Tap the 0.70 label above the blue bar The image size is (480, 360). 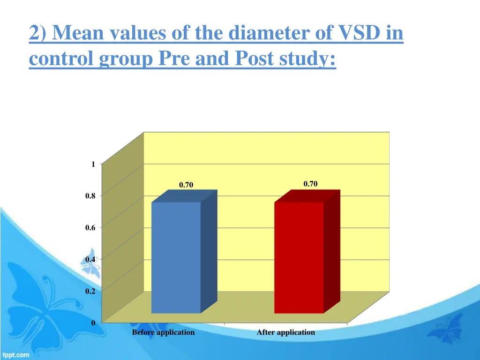coord(186,185)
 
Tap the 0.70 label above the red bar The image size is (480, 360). coord(310,184)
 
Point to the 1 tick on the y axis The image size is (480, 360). coord(93,164)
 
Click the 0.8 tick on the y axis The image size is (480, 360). coord(90,196)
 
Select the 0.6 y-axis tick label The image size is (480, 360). coord(90,228)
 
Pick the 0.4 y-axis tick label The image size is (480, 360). coord(90,259)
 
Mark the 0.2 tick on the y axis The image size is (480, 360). coord(90,291)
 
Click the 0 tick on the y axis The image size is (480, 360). coord(93,323)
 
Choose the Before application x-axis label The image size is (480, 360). coord(163,332)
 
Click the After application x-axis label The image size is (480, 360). coord(286,332)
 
